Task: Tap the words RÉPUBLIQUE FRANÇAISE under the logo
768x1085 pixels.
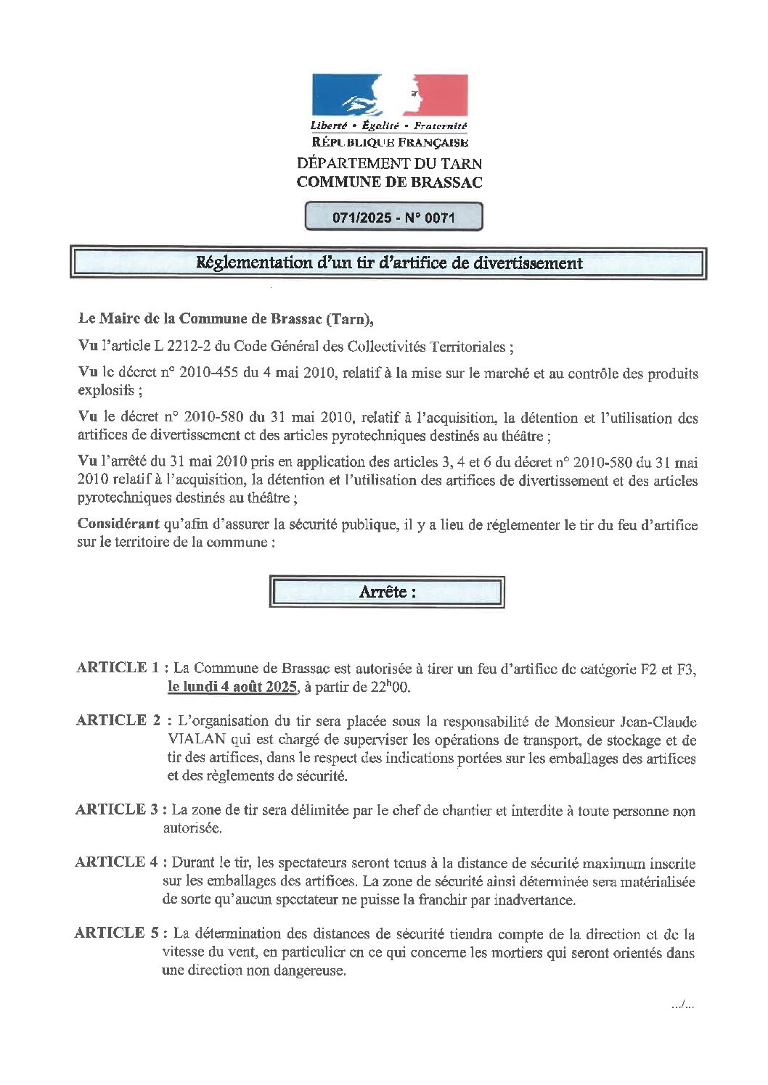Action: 389,143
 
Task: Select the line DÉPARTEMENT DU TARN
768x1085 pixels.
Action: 389,164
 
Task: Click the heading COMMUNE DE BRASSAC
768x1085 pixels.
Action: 389,182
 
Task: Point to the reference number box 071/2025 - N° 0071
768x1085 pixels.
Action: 393,217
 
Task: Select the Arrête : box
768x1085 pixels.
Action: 387,592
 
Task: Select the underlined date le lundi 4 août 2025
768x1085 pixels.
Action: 232,688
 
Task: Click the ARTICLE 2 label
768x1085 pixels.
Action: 118,720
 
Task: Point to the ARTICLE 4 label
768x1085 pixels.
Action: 117,862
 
